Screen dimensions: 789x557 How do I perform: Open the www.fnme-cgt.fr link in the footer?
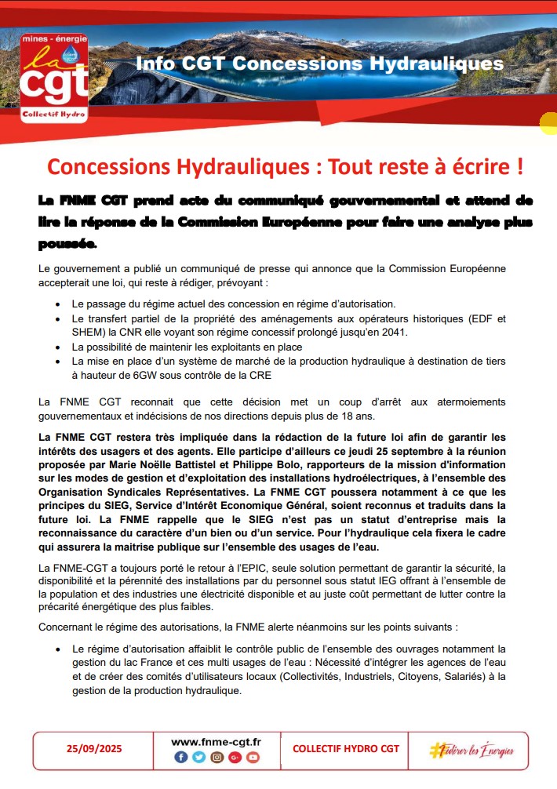click(x=216, y=741)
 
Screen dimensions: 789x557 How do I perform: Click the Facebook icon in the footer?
click(x=180, y=758)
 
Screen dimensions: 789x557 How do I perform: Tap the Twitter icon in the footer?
click(x=198, y=758)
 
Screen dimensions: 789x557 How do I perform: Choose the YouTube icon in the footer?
click(x=252, y=758)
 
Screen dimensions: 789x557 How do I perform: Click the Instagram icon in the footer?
click(x=217, y=758)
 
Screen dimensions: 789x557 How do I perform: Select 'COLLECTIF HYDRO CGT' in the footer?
click(x=345, y=748)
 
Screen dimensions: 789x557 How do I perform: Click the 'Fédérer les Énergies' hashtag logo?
click(x=471, y=750)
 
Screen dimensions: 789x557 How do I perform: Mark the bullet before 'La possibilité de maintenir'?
click(x=59, y=347)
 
